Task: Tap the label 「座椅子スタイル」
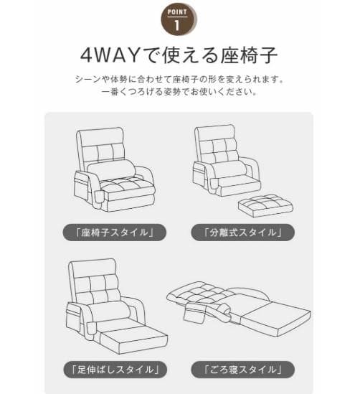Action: click(113, 232)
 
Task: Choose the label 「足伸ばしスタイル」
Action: click(113, 370)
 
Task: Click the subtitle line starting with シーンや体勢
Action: click(179, 79)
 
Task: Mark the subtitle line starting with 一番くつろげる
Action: click(179, 93)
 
